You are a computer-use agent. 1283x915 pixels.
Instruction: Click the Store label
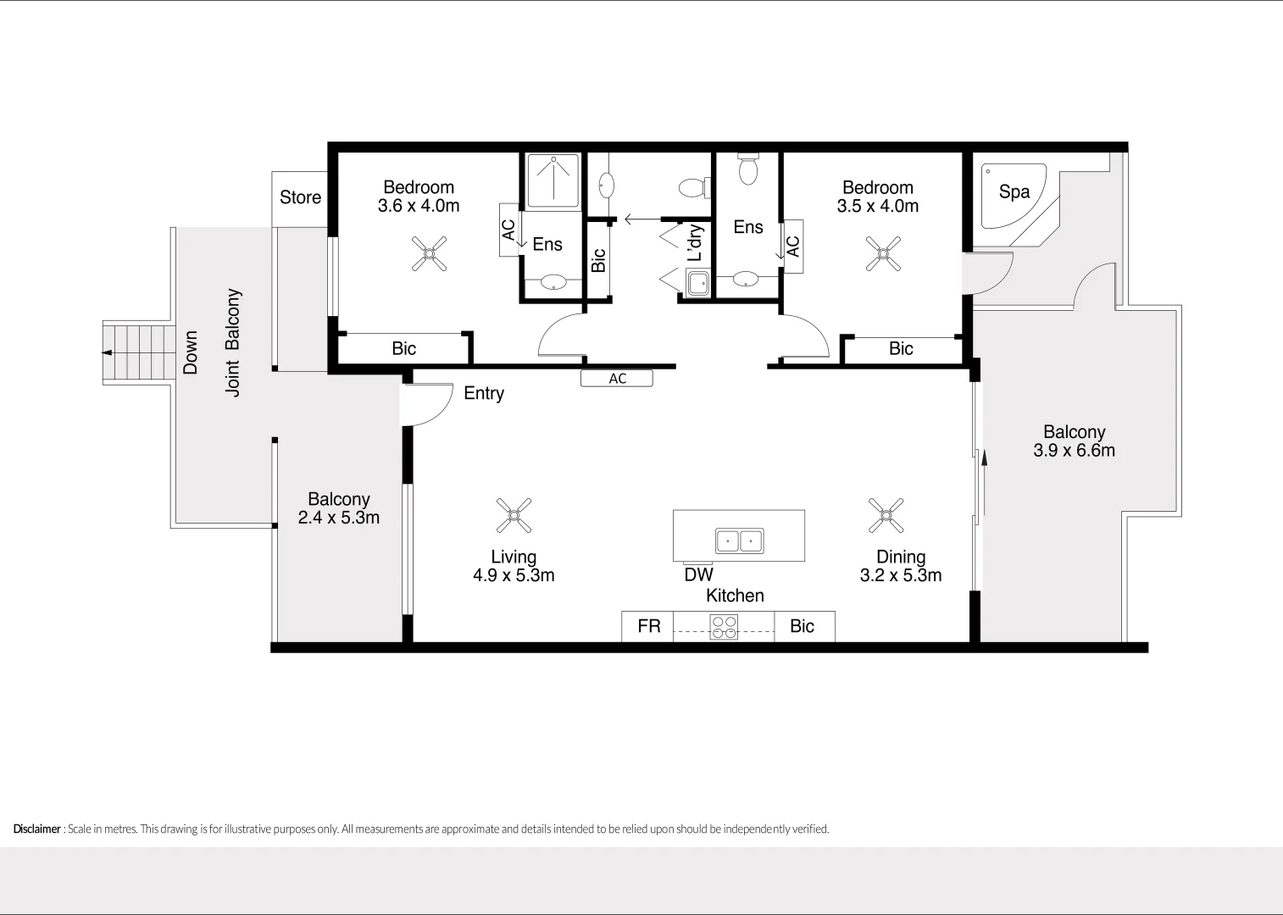(300, 197)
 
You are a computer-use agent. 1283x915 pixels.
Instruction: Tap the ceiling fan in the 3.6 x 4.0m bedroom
(430, 253)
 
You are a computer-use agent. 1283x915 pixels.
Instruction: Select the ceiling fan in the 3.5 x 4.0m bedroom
(883, 253)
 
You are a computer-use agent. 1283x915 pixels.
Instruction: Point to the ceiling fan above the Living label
(514, 515)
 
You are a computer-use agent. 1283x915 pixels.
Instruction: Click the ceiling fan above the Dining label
(886, 515)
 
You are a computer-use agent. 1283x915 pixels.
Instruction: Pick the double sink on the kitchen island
(739, 541)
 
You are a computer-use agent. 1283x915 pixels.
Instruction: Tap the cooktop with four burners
(724, 627)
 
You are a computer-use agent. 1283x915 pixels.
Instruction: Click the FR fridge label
(648, 626)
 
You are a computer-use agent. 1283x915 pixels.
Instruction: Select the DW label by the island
(698, 574)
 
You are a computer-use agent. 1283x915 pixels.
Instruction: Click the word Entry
(484, 393)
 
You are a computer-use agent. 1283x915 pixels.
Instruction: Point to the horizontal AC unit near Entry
(617, 379)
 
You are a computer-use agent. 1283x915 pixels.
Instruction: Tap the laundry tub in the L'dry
(697, 283)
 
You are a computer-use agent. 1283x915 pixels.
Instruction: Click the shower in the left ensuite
(553, 180)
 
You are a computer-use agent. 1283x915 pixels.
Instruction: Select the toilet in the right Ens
(747, 169)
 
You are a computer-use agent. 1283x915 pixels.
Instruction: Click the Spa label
(1014, 191)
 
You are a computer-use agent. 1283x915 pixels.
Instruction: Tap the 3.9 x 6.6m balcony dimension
(1074, 451)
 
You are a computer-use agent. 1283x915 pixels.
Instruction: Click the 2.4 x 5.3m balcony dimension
(338, 518)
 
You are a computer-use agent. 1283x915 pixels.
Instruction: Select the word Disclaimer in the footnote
(37, 829)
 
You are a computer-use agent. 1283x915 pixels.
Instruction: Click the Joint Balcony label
(233, 342)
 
